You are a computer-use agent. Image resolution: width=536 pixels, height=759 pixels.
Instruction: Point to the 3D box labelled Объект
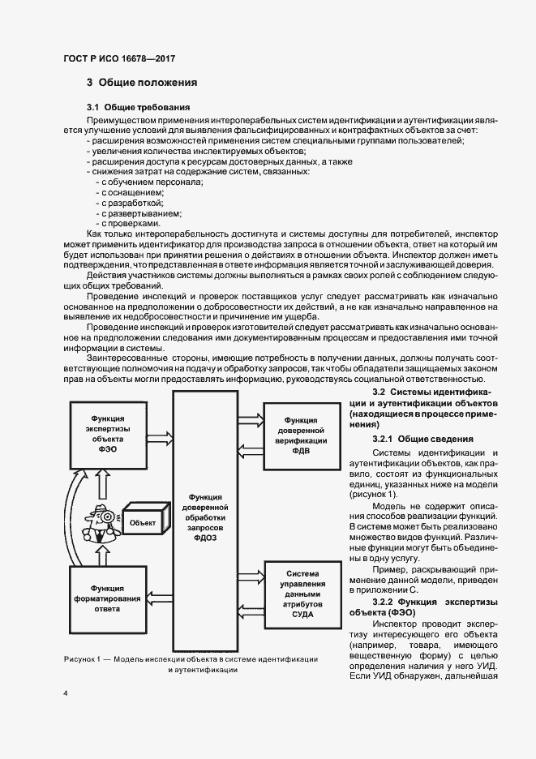click(x=144, y=521)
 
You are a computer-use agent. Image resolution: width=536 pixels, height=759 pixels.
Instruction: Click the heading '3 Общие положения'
click(x=142, y=83)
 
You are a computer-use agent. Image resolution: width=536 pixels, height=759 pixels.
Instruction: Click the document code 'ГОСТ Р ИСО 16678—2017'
click(x=119, y=59)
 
